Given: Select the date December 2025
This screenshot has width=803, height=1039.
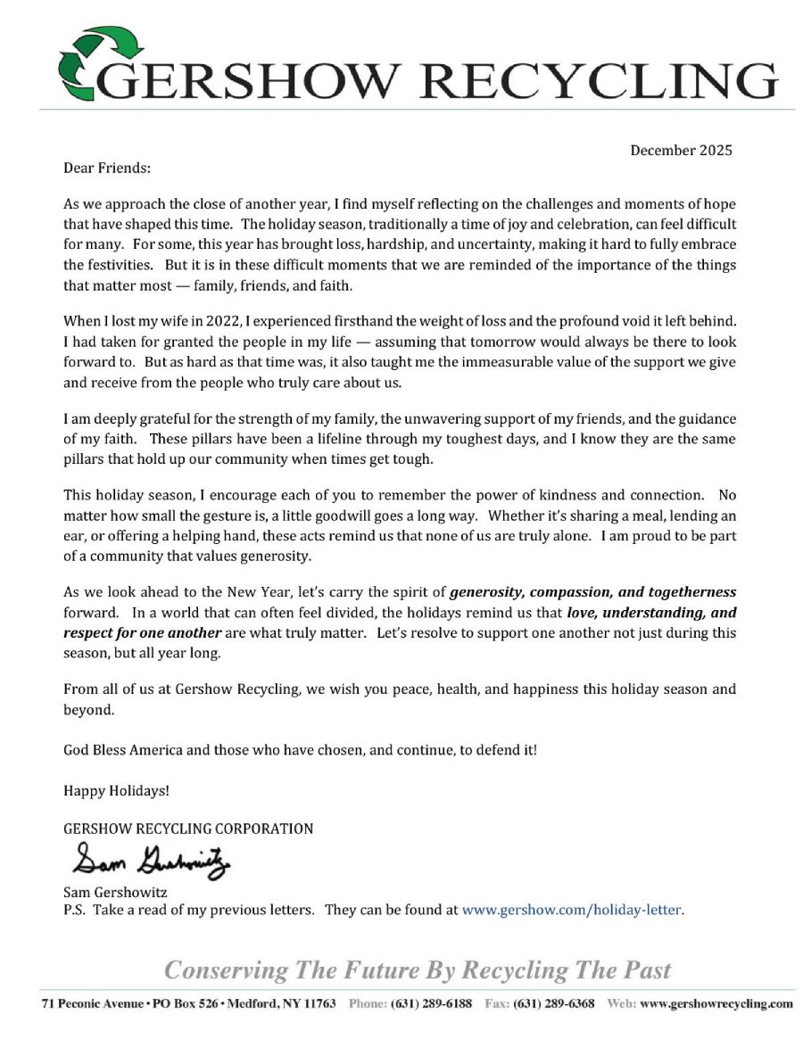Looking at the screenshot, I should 681,150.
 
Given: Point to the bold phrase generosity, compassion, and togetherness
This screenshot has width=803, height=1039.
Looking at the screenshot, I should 592,591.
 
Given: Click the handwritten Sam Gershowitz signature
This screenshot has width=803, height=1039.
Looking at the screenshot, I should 150,861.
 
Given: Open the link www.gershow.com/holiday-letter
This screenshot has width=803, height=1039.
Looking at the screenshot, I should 571,911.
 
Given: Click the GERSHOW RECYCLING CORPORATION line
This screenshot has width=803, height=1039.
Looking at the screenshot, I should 188,829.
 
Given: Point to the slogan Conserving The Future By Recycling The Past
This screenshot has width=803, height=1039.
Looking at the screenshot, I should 418,969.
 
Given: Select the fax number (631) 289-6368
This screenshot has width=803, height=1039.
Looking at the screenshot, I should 555,1003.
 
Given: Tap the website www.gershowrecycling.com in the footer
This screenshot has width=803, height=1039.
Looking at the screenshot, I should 716,1003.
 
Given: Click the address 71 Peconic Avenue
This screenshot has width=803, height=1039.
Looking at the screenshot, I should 93,1003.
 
